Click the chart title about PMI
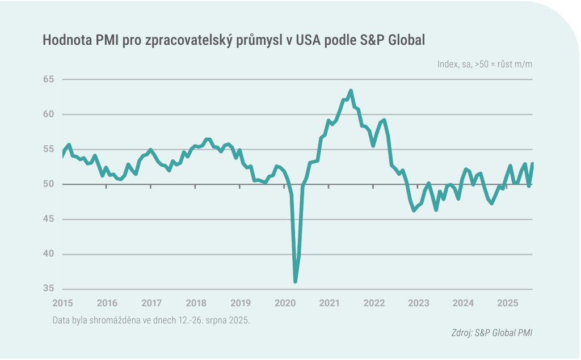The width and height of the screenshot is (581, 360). tap(234, 40)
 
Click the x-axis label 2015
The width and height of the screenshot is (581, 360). tap(62, 303)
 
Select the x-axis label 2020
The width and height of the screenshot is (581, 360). tap(285, 303)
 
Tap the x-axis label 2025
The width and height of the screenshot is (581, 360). tap(508, 303)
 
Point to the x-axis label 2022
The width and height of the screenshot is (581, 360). tap(374, 303)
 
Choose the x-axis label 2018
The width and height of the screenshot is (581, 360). tap(196, 303)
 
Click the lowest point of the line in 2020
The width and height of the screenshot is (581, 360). tap(295, 281)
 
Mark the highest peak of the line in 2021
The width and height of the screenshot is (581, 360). tap(351, 91)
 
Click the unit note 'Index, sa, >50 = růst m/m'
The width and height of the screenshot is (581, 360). tap(485, 64)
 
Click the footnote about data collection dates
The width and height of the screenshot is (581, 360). tap(151, 320)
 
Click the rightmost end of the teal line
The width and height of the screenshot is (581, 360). tap(533, 164)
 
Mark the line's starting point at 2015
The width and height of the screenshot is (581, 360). tap(62, 154)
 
